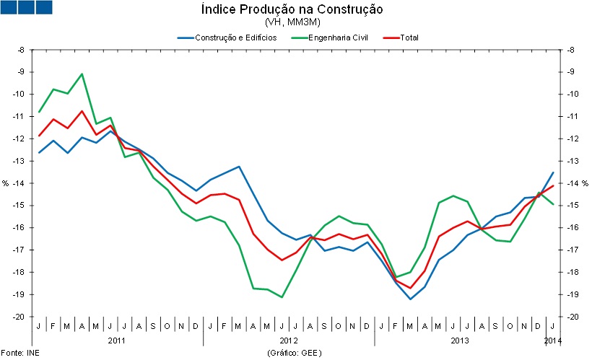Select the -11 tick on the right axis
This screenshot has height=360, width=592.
[571, 116]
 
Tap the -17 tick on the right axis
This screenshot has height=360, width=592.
[571, 250]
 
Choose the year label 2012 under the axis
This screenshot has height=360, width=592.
[289, 339]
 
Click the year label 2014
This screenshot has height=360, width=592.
[552, 339]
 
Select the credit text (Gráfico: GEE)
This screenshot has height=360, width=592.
[292, 353]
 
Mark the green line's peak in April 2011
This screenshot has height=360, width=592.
[82, 74]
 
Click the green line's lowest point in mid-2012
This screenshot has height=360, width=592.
[282, 297]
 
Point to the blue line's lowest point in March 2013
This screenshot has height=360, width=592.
[411, 299]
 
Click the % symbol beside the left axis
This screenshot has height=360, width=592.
[6, 183]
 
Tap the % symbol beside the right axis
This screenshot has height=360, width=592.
[586, 183]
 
